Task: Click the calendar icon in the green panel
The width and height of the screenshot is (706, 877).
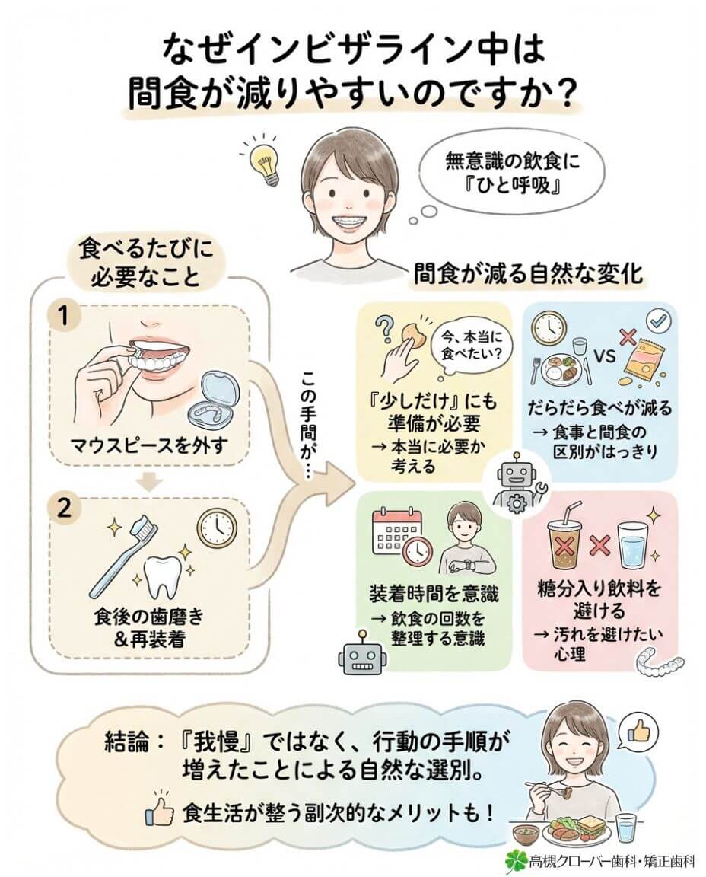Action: click(395, 530)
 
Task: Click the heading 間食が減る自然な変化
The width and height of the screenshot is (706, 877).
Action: click(528, 274)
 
